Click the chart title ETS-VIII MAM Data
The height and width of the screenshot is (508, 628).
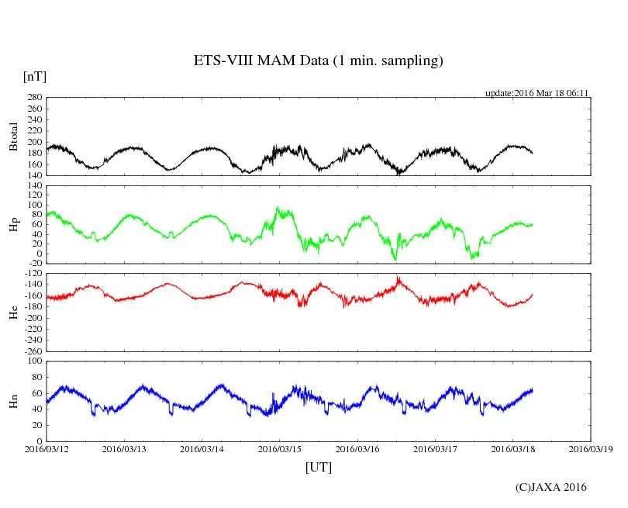pos(318,60)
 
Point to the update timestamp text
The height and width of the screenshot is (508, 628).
pos(537,93)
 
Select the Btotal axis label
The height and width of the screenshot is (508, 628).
pos(13,137)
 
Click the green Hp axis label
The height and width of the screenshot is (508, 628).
pos(13,225)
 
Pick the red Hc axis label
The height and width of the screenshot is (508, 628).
pos(13,312)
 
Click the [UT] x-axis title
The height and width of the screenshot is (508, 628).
pos(318,467)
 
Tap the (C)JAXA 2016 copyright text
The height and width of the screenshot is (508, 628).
pos(551,487)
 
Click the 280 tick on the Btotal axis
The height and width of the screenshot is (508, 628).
pos(33,98)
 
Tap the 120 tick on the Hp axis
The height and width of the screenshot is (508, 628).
pos(33,186)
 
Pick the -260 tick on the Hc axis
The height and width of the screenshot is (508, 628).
pos(31,351)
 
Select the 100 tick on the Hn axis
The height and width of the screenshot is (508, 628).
pos(33,361)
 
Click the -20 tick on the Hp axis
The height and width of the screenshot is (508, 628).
pos(33,264)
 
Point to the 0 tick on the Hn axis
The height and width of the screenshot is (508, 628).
pos(39,441)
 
